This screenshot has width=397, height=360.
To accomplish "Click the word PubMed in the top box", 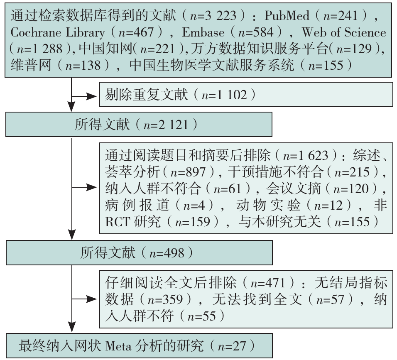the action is (x=287, y=16).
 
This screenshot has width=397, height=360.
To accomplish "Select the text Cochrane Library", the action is (x=57, y=32).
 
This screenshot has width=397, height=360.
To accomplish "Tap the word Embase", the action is (x=203, y=32).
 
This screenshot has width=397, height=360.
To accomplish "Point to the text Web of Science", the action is (x=344, y=32).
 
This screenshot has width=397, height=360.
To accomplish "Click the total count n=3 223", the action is (x=213, y=16).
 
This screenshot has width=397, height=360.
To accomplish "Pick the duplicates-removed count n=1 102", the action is (x=224, y=95).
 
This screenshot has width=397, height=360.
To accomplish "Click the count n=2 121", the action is (x=166, y=125).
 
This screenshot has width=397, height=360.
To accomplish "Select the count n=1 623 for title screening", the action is (x=306, y=155).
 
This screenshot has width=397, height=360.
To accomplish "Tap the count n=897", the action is (x=188, y=171).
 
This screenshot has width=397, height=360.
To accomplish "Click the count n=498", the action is (x=167, y=253).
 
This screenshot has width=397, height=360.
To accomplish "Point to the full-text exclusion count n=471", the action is (x=268, y=282).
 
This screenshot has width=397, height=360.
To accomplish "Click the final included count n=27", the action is (x=232, y=346).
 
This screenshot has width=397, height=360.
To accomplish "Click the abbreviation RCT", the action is (x=117, y=221).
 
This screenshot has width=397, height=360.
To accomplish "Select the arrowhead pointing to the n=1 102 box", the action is (x=92, y=96).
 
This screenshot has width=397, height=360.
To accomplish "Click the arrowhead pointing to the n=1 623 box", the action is (x=92, y=187).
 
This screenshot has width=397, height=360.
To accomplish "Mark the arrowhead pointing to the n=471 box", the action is (x=92, y=299).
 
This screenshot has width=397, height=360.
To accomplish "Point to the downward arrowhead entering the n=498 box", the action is (x=72, y=235).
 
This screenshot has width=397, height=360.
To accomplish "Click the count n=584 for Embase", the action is (x=256, y=32).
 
